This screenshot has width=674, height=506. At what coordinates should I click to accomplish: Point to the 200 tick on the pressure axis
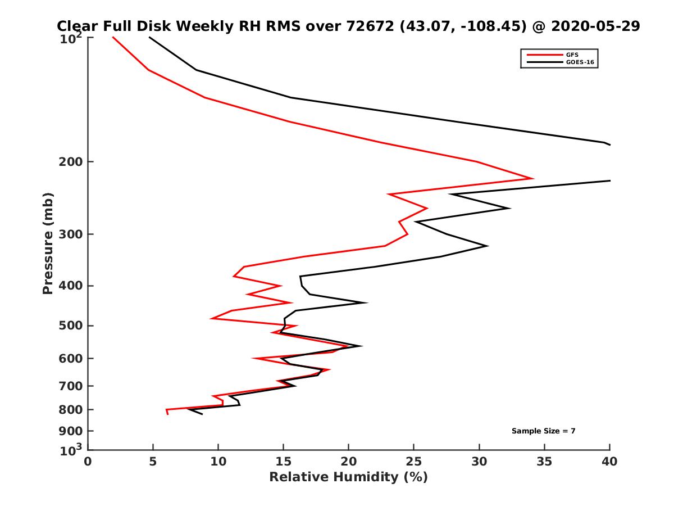(73, 162)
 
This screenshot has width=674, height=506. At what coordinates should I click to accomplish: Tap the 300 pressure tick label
(73, 234)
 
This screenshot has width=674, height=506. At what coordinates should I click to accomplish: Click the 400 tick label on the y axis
(73, 286)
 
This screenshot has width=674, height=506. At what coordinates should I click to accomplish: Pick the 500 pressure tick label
(73, 326)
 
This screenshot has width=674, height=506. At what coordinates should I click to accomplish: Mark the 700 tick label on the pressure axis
(73, 386)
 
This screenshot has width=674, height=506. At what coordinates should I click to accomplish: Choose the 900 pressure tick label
(73, 431)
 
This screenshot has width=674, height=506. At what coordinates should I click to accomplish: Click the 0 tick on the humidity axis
(88, 462)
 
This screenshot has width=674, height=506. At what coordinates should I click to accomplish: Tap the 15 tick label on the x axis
(284, 462)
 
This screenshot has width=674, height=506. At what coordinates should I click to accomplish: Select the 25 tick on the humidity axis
(414, 462)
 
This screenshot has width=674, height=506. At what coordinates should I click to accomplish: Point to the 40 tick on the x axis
(609, 462)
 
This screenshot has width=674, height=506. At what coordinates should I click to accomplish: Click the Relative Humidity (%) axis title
(348, 477)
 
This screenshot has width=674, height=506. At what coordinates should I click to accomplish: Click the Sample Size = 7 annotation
(543, 431)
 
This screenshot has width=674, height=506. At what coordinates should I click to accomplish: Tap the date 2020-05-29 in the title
(596, 26)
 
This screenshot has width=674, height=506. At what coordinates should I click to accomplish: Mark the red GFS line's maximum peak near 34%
(532, 179)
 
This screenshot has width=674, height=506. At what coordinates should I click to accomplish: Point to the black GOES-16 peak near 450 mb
(367, 302)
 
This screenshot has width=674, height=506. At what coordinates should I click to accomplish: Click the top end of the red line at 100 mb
(113, 37)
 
